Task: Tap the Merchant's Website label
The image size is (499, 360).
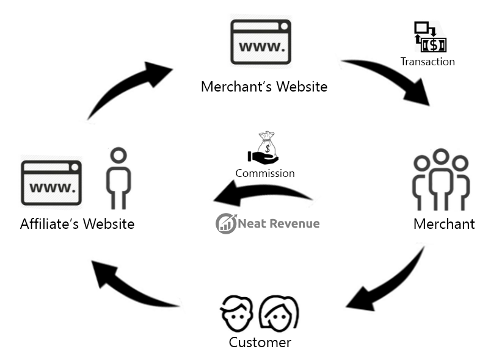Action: (264, 87)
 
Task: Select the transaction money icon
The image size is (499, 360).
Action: (430, 38)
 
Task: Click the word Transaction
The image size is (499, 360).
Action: (428, 62)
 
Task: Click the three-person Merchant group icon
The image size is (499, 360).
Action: (441, 180)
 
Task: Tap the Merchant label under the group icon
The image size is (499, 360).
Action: (444, 224)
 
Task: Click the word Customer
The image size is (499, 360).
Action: (260, 342)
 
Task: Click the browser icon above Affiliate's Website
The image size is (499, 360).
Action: (51, 182)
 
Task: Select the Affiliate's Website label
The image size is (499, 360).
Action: (77, 224)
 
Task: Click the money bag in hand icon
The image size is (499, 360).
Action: (263, 149)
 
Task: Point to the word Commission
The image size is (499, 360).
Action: (265, 173)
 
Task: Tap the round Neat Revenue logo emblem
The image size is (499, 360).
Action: (225, 223)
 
